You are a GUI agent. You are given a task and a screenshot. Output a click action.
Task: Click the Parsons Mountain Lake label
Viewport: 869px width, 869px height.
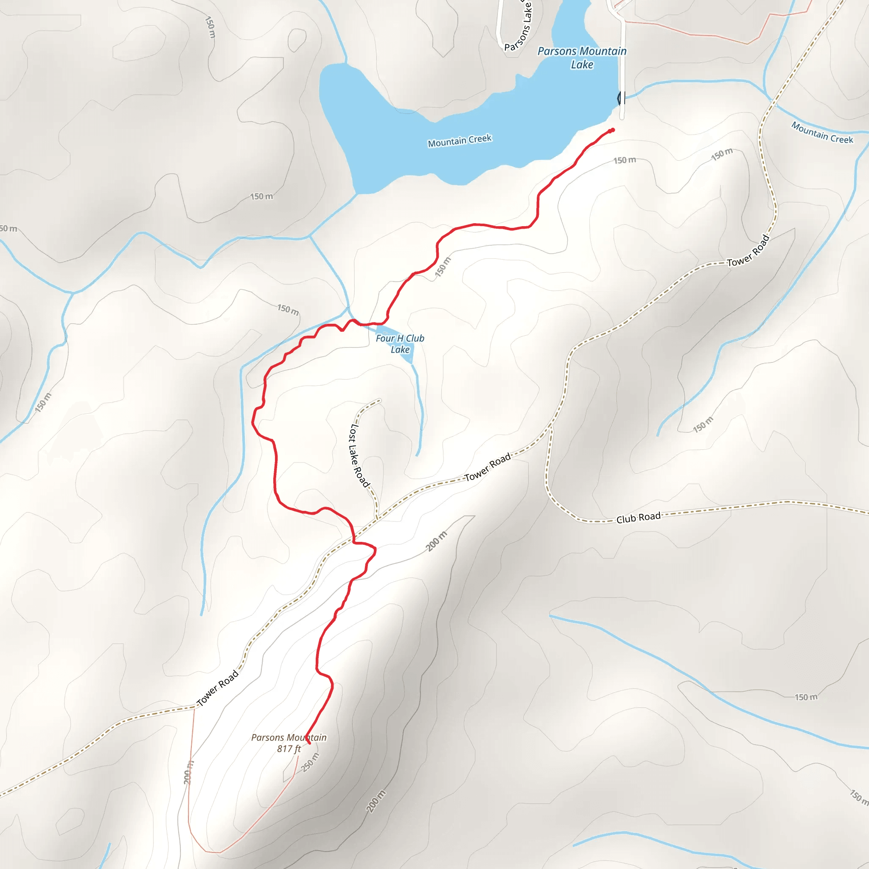[582, 58]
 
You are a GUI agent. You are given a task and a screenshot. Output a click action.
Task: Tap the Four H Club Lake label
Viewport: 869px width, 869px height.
[400, 344]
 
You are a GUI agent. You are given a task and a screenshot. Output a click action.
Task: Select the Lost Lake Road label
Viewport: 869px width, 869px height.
[359, 455]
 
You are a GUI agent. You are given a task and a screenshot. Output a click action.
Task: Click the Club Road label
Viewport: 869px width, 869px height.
[638, 518]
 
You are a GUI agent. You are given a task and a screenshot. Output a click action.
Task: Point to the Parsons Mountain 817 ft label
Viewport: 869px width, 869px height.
[289, 743]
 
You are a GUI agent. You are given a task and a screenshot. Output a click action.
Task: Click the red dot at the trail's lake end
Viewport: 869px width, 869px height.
[613, 130]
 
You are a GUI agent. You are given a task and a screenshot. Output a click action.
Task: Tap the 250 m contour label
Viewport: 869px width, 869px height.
[310, 762]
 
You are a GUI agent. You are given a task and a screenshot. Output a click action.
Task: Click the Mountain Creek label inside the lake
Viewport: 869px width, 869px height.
[460, 141]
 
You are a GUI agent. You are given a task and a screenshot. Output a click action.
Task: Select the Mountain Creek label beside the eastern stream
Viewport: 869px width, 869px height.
[822, 133]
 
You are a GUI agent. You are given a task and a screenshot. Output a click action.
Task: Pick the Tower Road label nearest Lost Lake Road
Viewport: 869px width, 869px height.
[488, 467]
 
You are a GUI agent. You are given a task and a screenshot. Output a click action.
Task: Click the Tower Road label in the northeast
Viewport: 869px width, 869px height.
[748, 250]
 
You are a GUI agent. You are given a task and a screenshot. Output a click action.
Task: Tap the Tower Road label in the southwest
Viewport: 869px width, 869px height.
[218, 688]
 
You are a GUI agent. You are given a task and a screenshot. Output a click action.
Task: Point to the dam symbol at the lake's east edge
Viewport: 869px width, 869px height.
[621, 98]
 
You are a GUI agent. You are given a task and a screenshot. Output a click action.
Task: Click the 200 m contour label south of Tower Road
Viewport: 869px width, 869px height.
[437, 541]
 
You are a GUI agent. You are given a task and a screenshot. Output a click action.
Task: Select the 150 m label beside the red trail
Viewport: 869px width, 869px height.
[443, 267]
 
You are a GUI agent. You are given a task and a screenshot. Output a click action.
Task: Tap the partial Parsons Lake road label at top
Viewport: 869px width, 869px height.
[520, 27]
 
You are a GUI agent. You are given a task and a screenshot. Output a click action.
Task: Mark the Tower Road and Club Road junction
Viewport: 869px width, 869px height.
[550, 425]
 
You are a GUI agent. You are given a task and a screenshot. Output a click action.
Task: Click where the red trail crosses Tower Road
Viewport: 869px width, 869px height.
[354, 538]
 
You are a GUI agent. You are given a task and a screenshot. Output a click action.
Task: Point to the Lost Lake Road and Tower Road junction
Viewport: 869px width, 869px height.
[377, 519]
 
